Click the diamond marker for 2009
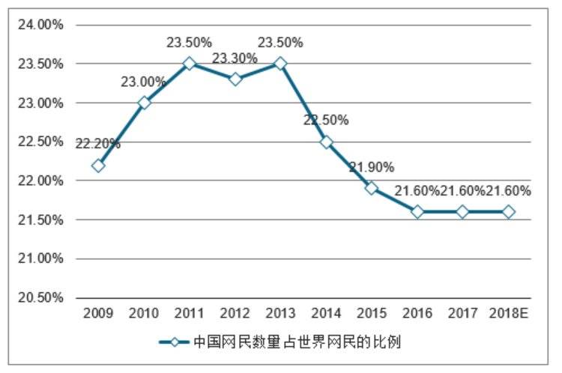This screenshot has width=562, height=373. tap(98, 166)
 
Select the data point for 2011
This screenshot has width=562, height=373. tap(190, 64)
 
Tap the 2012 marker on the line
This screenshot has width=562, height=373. tap(235, 79)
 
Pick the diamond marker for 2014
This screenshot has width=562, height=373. tap(326, 142)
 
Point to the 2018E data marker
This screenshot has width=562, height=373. tap(509, 212)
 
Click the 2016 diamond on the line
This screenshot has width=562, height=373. tap(417, 212)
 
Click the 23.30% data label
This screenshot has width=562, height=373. tap(235, 58)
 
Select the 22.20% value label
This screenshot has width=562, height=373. tap(98, 144)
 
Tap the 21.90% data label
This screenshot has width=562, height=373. tap(372, 167)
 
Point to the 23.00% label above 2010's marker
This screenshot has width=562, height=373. tap(143, 82)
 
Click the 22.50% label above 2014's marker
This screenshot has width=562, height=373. tap(326, 120)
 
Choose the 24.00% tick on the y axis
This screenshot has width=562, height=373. tap(40, 25)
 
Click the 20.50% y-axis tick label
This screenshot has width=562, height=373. tap(40, 297)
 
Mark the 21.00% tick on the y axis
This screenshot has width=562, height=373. tap(40, 258)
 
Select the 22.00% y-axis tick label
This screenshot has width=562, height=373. tap(40, 181)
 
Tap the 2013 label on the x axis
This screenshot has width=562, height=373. tap(280, 314)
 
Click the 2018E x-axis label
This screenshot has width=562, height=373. tap(509, 314)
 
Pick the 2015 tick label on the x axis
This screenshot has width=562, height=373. tap(372, 314)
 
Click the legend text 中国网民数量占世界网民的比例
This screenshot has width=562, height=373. tap(297, 342)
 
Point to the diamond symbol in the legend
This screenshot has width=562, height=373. tap(174, 342)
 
